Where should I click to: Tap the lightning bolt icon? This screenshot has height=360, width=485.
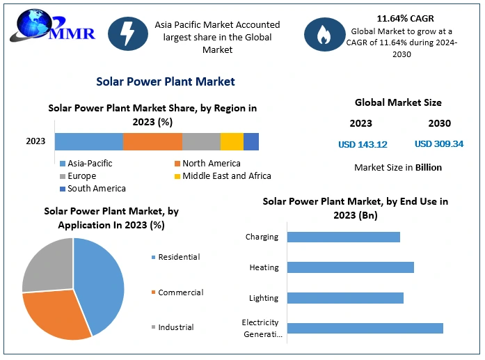127,34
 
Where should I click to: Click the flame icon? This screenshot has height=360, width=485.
323,34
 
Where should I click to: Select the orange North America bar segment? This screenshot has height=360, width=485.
152,141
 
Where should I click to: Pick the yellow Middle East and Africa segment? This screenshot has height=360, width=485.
232,141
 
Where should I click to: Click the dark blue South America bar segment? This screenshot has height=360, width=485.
251,141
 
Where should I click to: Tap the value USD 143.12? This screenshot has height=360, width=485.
363,144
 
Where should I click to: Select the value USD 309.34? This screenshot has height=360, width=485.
439,144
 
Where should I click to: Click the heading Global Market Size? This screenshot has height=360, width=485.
398,102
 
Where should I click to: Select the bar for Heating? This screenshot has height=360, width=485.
350,267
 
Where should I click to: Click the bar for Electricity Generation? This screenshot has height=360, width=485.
365,328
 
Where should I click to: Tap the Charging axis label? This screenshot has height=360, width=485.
262,237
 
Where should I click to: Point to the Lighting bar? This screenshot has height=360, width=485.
345,298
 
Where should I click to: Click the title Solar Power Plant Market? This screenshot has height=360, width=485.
166,81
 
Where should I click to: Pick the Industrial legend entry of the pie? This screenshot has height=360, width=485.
175,327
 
